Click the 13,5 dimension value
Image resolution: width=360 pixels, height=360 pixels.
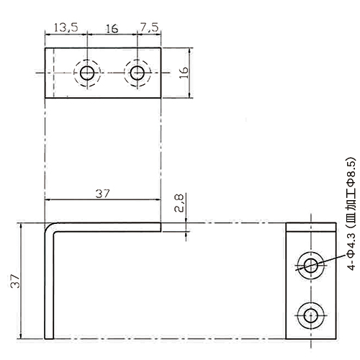coord(66,27)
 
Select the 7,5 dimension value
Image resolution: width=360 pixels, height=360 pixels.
coord(149,27)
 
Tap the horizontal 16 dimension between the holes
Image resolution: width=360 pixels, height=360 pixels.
coord(112,29)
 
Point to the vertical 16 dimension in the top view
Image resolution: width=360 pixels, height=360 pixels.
coord(184,73)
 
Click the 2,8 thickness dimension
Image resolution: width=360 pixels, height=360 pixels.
coord(179,203)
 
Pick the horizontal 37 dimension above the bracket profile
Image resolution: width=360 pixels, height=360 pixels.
coord(102,194)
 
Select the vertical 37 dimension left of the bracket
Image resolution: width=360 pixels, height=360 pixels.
coord(15,282)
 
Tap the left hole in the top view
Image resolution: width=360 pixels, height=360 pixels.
coord(87,73)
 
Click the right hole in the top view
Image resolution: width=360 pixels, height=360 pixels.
coord(138,73)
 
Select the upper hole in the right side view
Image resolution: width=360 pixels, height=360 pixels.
coord(311,266)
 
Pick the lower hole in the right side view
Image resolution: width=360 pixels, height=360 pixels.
coord(311,315)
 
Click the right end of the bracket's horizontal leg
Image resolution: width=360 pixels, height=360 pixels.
coord(161,228)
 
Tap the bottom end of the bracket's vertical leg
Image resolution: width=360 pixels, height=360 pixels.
coord(49,338)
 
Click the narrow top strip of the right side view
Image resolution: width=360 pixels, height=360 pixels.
coord(311,227)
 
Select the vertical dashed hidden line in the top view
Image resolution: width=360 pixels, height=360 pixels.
coord(53,73)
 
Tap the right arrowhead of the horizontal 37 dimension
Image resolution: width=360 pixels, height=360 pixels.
coord(158,199)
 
